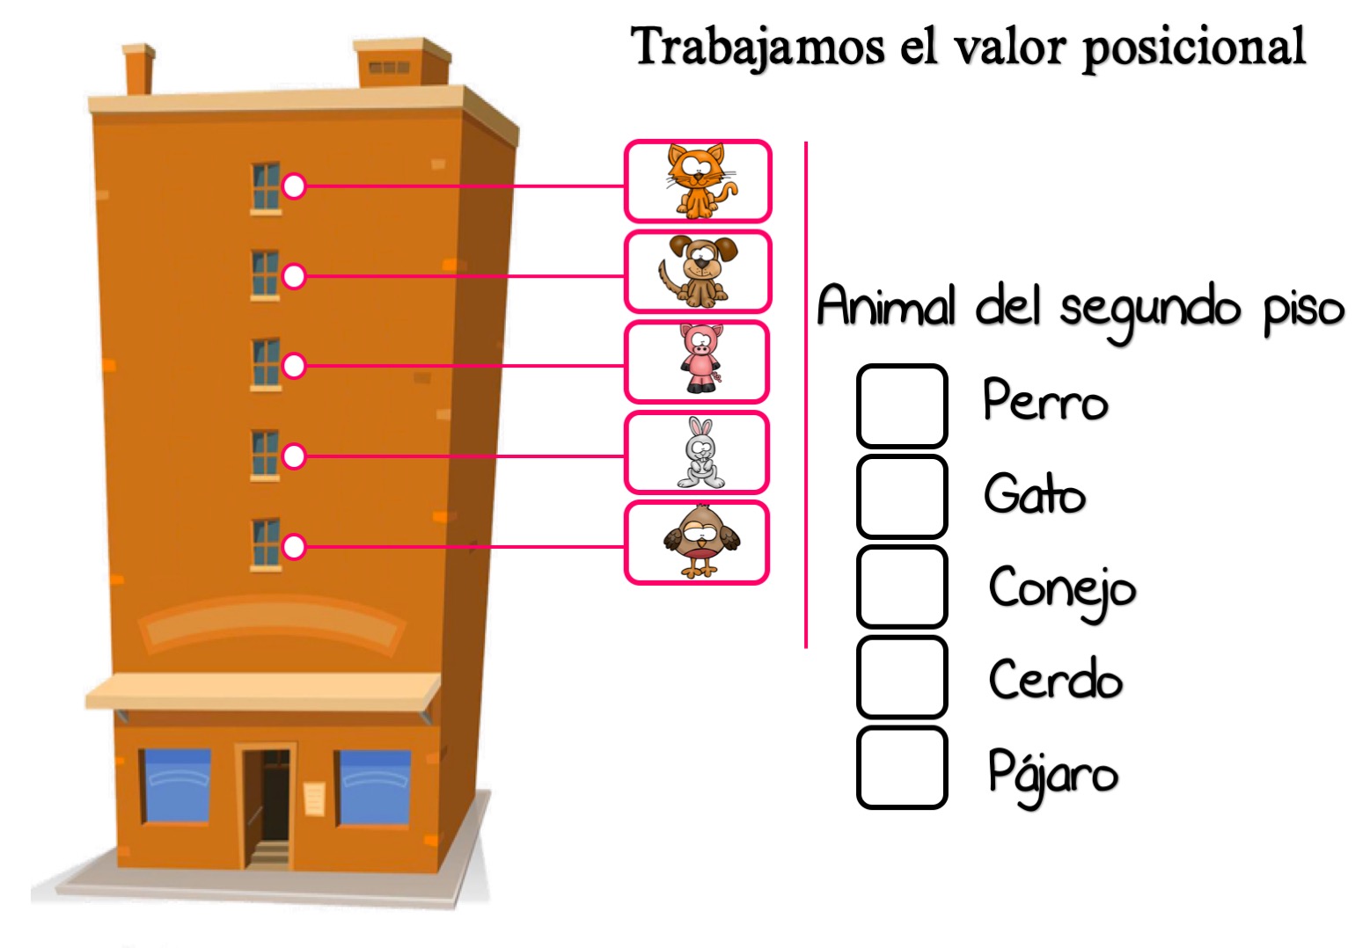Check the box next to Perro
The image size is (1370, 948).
[x=902, y=406]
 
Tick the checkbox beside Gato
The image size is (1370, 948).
[x=902, y=496]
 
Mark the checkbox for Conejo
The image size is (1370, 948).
[x=902, y=587]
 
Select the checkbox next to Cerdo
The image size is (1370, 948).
[x=902, y=677]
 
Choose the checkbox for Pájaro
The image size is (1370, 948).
[x=902, y=768]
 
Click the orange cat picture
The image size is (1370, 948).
[x=701, y=181]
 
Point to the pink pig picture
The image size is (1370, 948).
[x=701, y=359]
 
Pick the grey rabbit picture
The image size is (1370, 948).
[x=701, y=452]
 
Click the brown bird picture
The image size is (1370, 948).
[x=701, y=542]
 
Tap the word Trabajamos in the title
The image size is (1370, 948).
[x=758, y=47]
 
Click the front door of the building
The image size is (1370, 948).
[x=267, y=806]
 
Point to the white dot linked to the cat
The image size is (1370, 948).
[x=294, y=186]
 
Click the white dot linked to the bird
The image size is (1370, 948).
[x=294, y=546]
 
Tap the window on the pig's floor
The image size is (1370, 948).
[x=266, y=363]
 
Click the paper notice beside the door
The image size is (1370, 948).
[x=314, y=799]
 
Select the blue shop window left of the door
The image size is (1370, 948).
[x=177, y=787]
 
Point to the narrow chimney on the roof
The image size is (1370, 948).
[x=139, y=69]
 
